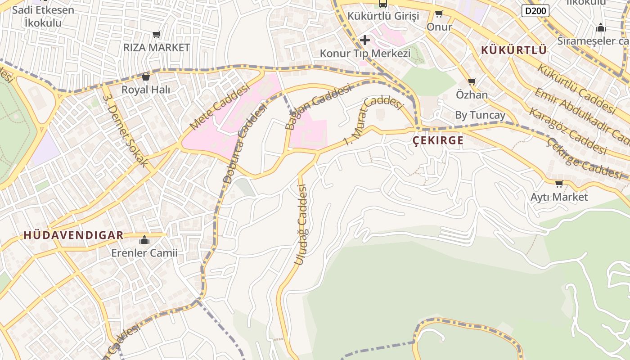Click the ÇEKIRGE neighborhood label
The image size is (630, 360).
click(x=438, y=140)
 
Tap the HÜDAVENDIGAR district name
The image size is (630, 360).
click(x=73, y=235)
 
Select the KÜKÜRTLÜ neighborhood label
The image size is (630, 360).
click(x=513, y=50)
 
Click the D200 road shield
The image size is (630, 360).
click(x=535, y=10)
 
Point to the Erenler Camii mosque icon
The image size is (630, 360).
click(x=144, y=240)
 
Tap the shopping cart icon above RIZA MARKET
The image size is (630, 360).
click(x=156, y=34)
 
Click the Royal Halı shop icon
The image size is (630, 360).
click(x=145, y=77)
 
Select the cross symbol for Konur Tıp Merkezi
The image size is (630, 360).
click(x=364, y=40)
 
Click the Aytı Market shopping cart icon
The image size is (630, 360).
click(x=559, y=184)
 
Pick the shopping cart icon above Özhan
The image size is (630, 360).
click(x=472, y=81)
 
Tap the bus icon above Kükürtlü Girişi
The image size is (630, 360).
click(x=382, y=4)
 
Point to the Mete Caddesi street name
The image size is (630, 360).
click(x=219, y=107)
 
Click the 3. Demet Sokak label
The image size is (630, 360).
click(x=125, y=130)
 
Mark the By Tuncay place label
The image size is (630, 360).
click(x=480, y=115)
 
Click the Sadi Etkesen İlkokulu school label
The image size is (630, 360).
click(x=43, y=16)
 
